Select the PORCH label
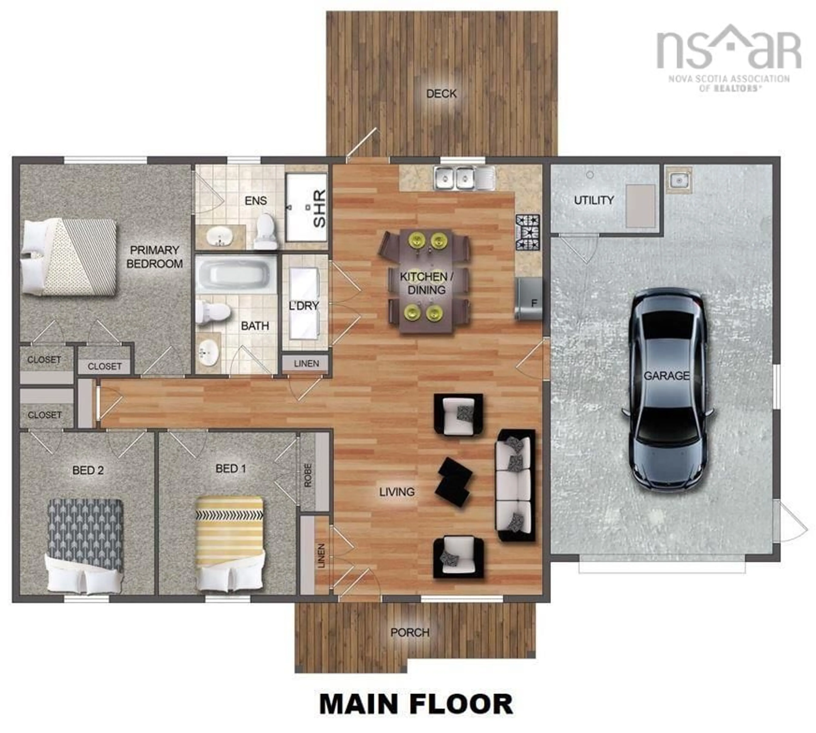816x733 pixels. tap(410, 632)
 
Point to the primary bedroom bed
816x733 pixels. tap(68, 257)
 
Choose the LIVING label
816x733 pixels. tap(397, 492)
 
